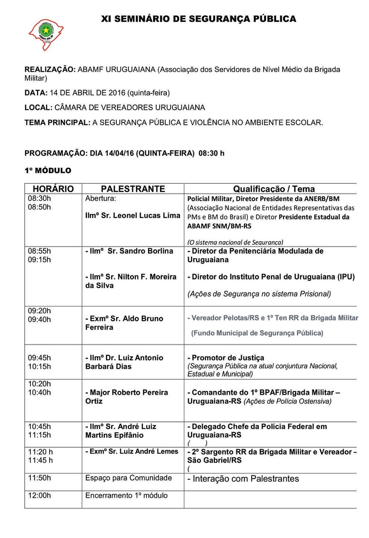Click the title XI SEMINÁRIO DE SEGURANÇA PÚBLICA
coord(199,19)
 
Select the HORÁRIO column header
coord(53,189)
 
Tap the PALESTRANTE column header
coord(133,189)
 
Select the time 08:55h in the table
coord(40,251)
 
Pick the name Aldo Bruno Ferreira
coord(124,323)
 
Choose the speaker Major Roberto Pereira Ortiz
coord(127,397)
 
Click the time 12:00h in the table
coord(40,495)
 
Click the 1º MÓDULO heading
coord(48,171)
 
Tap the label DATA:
coord(36,93)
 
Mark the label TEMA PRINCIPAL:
coord(57,122)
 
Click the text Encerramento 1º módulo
coord(126,495)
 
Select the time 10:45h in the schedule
coord(40,426)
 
